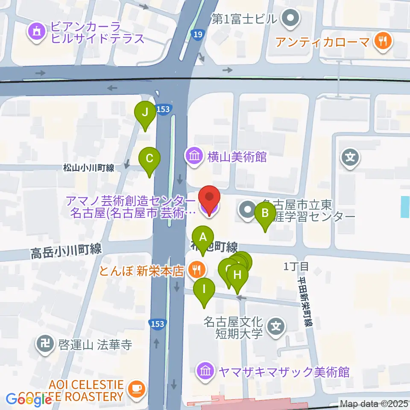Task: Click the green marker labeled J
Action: tap(145, 114)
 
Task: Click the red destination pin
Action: tap(209, 198)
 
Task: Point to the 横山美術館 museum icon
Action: tap(194, 157)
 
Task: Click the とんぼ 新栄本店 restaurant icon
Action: tap(196, 269)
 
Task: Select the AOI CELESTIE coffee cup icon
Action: tap(137, 389)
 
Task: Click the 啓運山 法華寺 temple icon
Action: tap(44, 344)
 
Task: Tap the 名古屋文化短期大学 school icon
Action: tap(276, 328)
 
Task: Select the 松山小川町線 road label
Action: tap(88, 168)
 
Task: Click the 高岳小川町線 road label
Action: tap(66, 251)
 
